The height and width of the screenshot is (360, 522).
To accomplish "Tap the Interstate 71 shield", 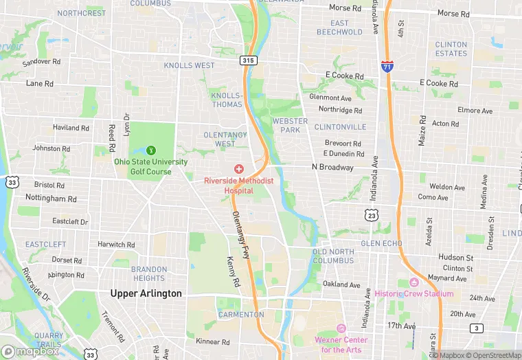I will [x=387, y=66].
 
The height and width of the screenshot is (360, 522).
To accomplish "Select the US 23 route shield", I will [x=372, y=215].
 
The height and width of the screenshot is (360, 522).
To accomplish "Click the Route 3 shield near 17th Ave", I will [x=476, y=328].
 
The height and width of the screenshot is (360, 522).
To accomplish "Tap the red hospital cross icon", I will [x=238, y=169].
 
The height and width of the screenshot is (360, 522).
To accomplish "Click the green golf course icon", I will [x=151, y=150].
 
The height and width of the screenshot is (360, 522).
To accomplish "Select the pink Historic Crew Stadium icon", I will [x=413, y=282].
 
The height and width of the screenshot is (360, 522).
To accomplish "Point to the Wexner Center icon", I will [x=341, y=328].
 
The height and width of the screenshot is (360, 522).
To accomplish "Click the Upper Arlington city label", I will [x=146, y=293].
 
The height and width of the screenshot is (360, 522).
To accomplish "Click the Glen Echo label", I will [x=381, y=243].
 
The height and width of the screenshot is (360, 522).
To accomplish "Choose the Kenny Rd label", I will [x=234, y=272].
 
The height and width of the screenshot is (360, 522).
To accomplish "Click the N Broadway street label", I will [x=332, y=167].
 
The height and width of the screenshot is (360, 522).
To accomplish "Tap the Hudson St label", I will [x=456, y=257].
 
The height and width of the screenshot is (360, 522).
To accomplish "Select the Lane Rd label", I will [x=39, y=83].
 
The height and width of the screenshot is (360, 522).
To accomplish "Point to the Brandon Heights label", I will [x=148, y=273].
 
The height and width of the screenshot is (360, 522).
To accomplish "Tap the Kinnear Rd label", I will [x=213, y=341].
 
